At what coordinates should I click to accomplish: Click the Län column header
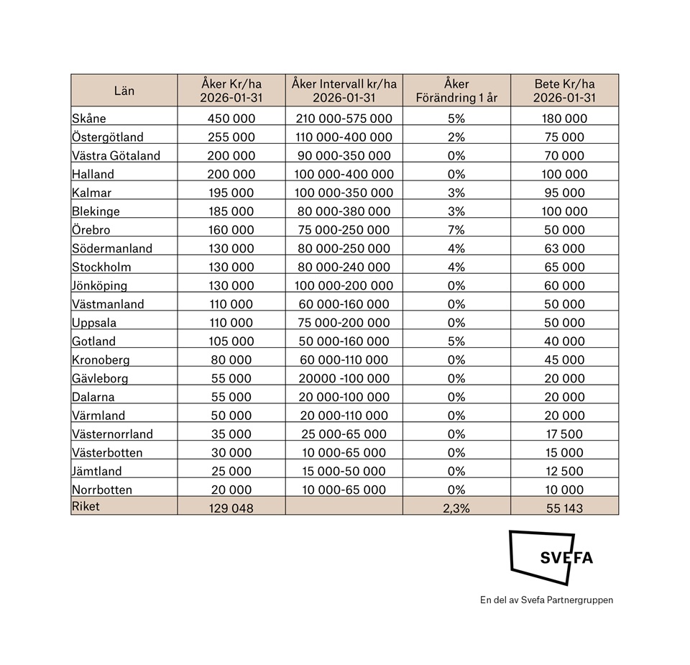click(124, 91)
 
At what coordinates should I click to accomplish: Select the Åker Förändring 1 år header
click(456, 91)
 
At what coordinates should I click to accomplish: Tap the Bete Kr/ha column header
click(564, 91)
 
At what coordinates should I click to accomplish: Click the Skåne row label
click(89, 119)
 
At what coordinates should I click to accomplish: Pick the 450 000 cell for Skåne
click(231, 119)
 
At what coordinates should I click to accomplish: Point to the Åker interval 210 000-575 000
click(344, 119)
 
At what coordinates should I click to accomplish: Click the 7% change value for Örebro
click(456, 230)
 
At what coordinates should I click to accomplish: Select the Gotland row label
click(93, 341)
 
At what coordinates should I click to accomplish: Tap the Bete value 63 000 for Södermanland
click(564, 249)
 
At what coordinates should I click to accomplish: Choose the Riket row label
click(86, 506)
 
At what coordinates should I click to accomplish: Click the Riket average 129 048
click(231, 507)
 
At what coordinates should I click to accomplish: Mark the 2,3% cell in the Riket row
click(456, 507)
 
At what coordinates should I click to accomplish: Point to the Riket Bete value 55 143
click(564, 507)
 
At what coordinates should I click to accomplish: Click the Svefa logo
click(551, 558)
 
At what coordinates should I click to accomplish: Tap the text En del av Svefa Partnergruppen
click(546, 600)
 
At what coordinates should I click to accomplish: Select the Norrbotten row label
click(102, 490)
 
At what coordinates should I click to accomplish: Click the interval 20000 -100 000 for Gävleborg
click(344, 379)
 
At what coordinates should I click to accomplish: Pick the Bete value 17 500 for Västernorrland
click(564, 434)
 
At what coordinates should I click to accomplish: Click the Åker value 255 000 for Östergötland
click(231, 137)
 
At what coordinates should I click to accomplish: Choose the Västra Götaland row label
click(116, 156)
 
